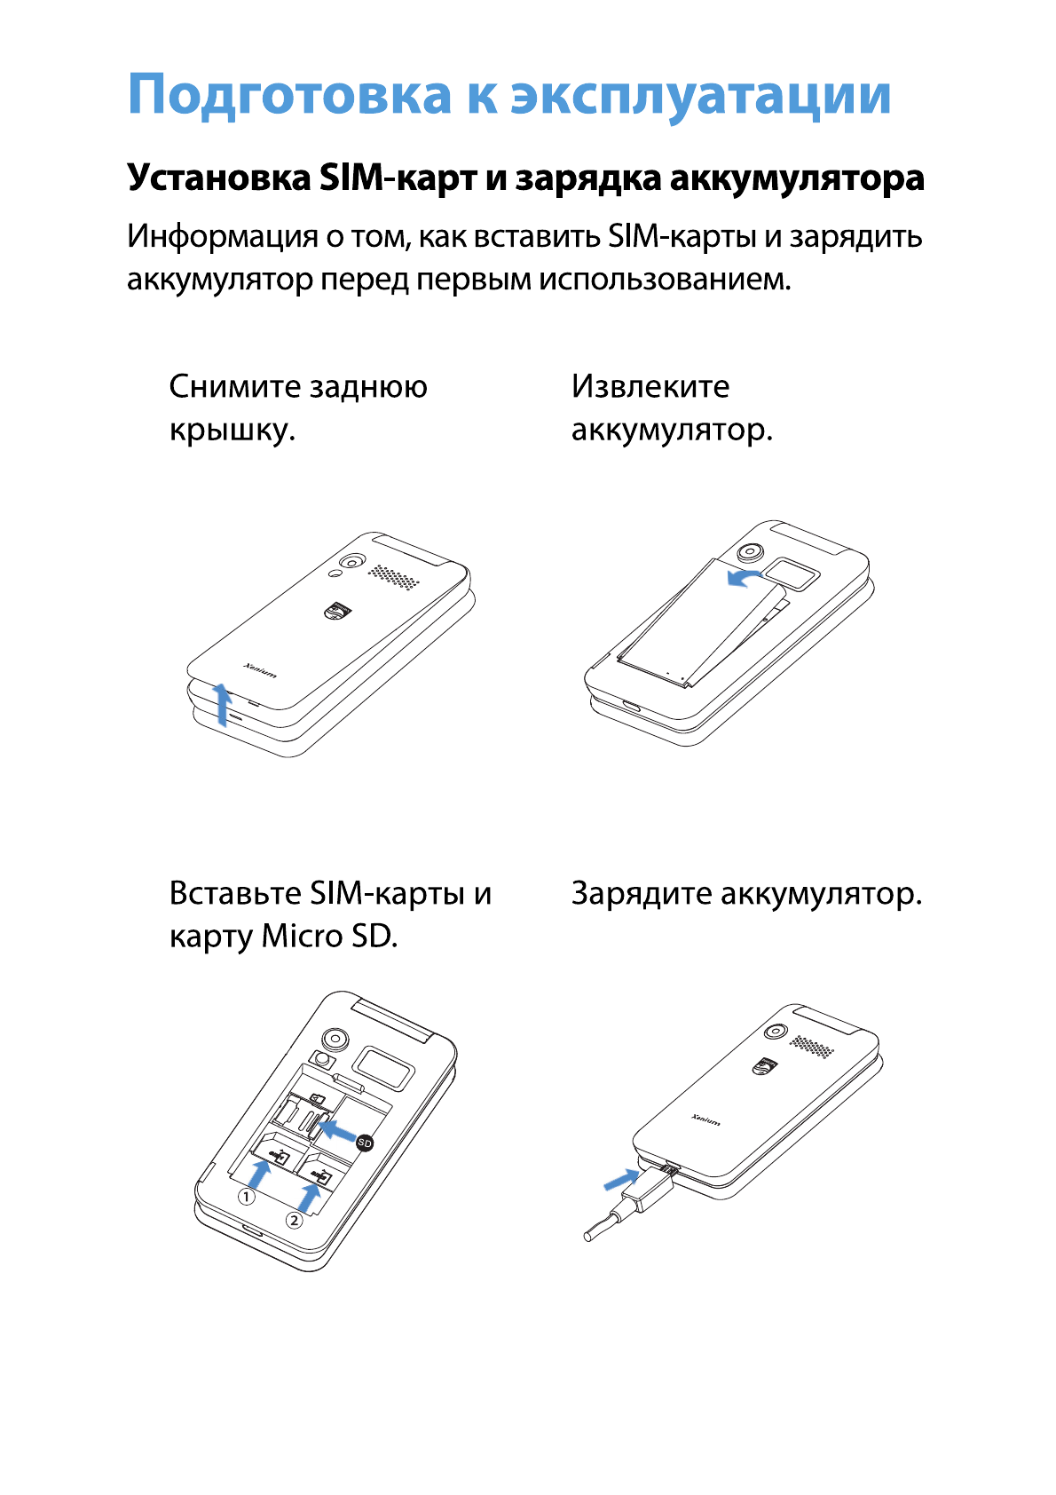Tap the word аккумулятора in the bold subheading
[796, 178]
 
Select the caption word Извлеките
[650, 386]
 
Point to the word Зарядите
[641, 893]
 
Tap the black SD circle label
[364, 1143]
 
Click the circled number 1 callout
[247, 1197]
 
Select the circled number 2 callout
[294, 1221]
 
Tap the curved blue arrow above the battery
[744, 579]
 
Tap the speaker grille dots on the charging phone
[812, 1047]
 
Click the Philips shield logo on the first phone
[337, 612]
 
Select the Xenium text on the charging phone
[706, 1120]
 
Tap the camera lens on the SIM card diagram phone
[335, 1039]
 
